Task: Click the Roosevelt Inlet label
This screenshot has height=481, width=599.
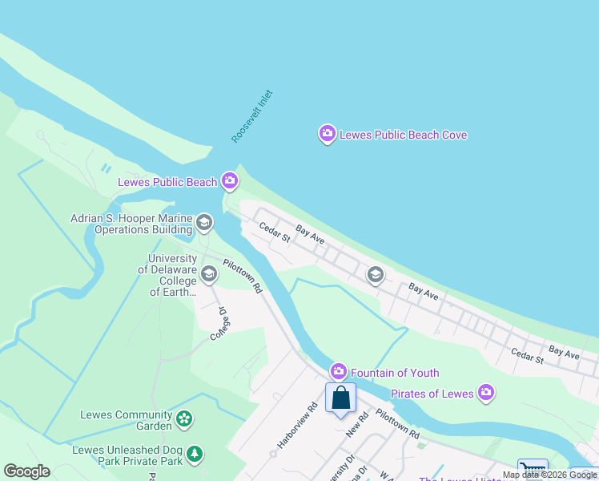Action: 252,116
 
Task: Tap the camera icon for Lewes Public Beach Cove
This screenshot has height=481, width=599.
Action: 327,134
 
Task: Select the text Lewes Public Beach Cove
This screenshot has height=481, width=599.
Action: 403,135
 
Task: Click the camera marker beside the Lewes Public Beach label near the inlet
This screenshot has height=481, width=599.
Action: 230,181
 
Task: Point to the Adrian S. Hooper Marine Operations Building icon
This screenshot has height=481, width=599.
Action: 204,222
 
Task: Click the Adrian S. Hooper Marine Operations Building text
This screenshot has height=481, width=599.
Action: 131,224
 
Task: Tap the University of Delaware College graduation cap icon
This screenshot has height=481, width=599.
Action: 209,274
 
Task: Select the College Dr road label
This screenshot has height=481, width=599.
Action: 221,324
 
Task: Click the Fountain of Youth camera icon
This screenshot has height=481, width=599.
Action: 339,371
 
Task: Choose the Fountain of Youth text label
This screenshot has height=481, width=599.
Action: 394,372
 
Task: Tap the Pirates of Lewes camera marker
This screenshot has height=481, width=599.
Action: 485,393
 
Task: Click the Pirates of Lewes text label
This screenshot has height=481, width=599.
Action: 432,394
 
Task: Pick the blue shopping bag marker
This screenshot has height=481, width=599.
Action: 340,397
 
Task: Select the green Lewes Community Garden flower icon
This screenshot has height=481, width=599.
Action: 185,418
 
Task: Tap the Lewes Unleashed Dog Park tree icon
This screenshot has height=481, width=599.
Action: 194,455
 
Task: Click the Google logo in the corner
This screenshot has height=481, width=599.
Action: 26,471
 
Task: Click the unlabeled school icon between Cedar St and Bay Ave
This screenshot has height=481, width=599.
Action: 374,275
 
